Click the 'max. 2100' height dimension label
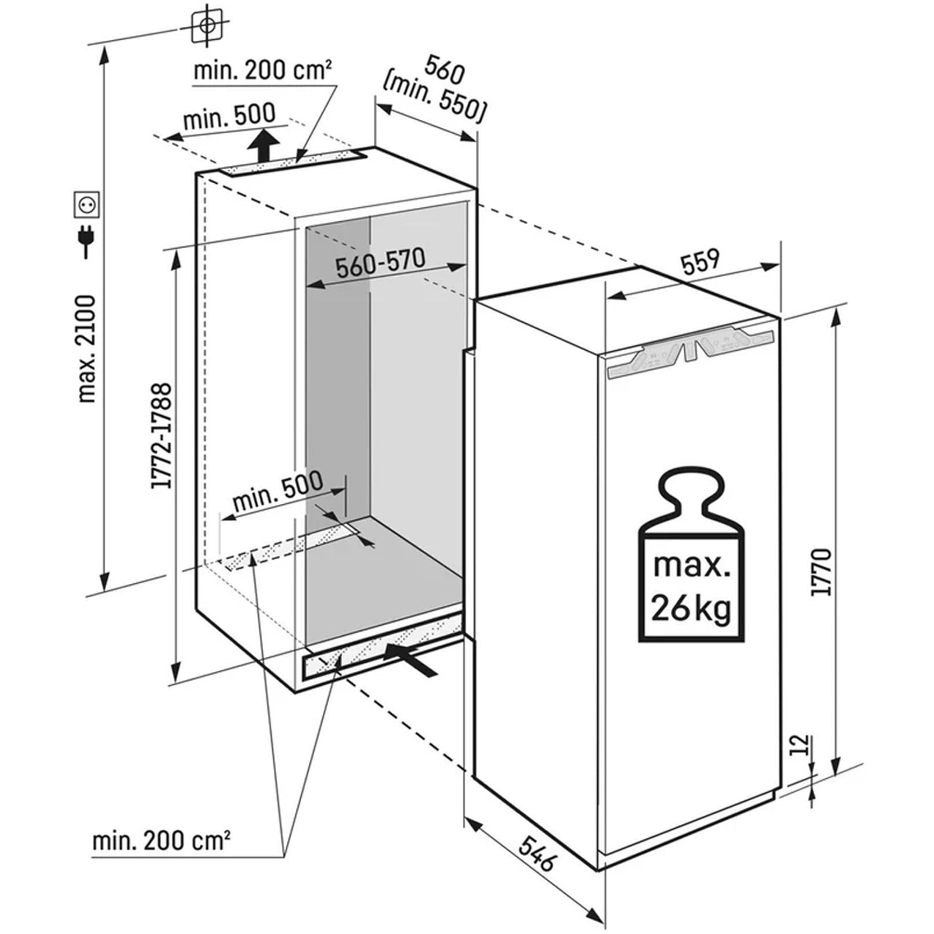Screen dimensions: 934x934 point(86,349)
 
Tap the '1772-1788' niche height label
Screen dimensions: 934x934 point(161,435)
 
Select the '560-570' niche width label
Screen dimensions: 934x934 point(380,263)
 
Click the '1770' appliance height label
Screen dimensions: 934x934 point(821,572)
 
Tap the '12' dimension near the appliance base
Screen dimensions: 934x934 point(804,745)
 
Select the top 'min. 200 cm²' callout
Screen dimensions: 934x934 point(263,71)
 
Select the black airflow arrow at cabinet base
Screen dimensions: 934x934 point(411,659)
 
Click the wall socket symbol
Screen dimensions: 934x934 point(87,204)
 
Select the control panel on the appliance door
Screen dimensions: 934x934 point(691,353)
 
